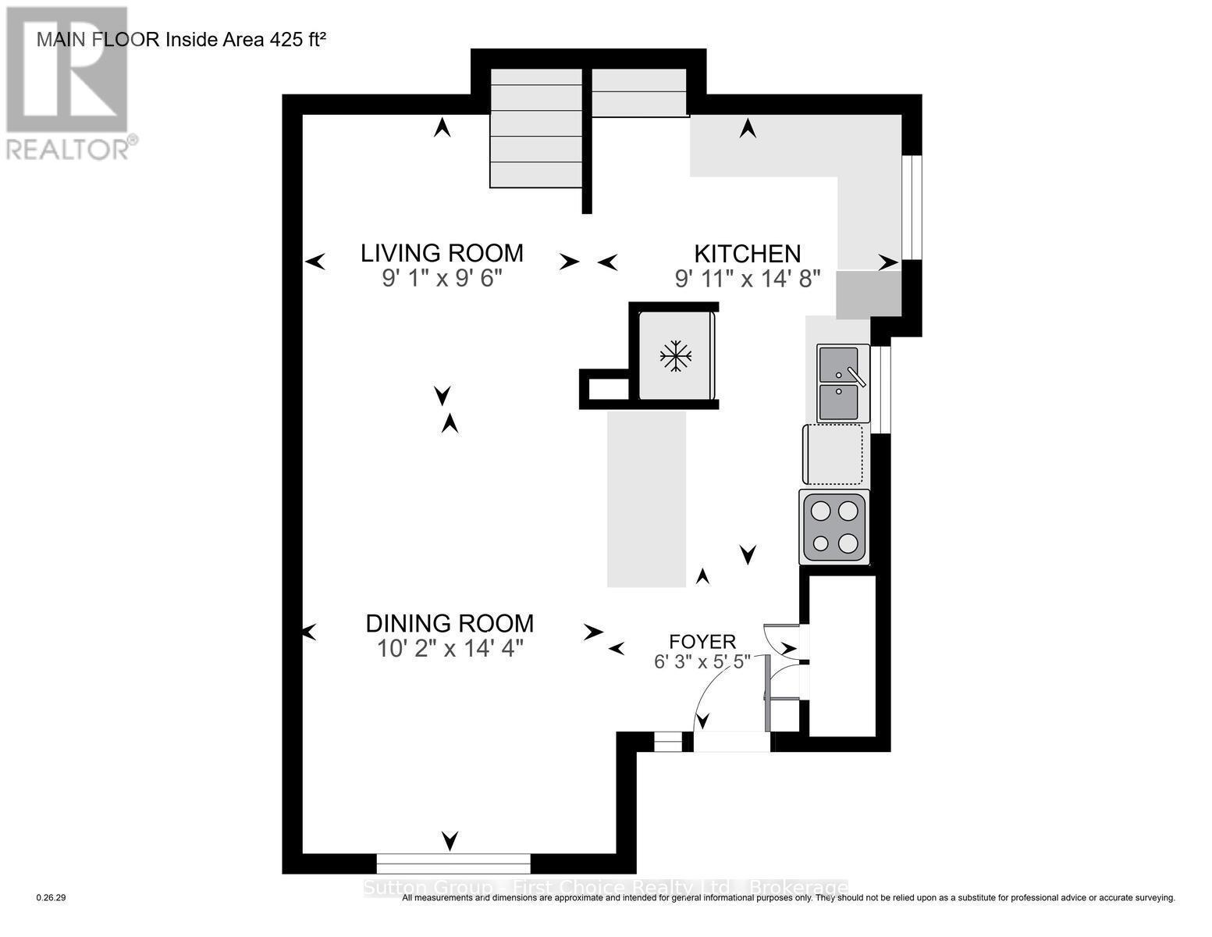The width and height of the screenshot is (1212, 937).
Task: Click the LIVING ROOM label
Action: (442, 253)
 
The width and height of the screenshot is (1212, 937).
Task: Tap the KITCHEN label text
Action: (747, 254)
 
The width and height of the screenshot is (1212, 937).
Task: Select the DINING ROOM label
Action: (450, 623)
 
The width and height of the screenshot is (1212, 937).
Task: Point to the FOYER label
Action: (702, 642)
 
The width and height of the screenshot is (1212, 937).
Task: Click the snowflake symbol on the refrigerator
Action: (676, 357)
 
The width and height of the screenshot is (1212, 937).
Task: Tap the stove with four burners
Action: (833, 526)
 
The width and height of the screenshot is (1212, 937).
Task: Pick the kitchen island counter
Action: (646, 499)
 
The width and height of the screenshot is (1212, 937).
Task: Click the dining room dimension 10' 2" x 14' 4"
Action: (450, 649)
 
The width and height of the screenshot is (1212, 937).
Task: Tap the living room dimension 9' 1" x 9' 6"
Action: (442, 278)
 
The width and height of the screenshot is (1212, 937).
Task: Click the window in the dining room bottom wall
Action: (453, 864)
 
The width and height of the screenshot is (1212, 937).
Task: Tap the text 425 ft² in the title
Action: (297, 40)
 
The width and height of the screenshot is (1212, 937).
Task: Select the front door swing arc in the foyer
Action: (718, 687)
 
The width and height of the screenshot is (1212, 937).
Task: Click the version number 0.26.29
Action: (52, 898)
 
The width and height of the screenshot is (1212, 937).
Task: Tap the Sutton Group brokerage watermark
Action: (606, 888)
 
